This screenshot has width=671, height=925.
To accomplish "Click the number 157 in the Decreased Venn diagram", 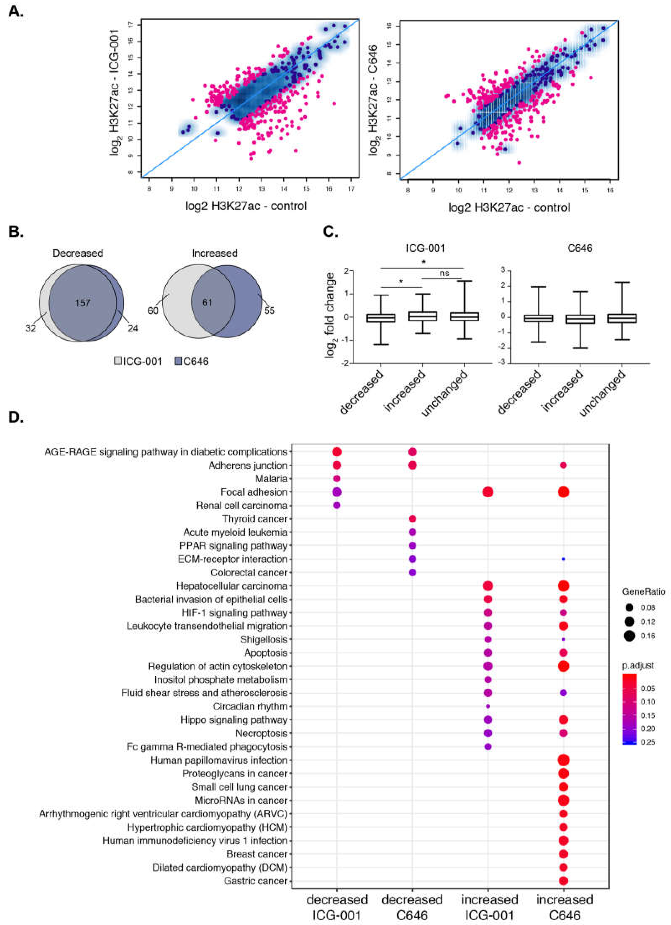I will (x=82, y=303).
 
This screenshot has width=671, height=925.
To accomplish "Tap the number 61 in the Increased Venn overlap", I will (x=207, y=303).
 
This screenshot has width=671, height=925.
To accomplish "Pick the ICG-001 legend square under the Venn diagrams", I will (x=118, y=361).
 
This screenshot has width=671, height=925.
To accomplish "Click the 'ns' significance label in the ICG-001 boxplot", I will (x=444, y=273).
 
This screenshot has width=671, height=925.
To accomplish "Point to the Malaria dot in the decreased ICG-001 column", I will (x=337, y=479).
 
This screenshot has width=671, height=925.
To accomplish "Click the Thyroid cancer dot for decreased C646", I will (x=412, y=519).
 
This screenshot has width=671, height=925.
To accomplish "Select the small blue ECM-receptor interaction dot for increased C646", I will (x=563, y=559).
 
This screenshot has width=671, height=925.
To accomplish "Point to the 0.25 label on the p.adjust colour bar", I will (x=647, y=742).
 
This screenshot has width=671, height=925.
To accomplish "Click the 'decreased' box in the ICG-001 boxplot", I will (x=380, y=318).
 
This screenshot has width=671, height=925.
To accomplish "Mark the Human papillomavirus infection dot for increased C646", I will (x=563, y=760).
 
